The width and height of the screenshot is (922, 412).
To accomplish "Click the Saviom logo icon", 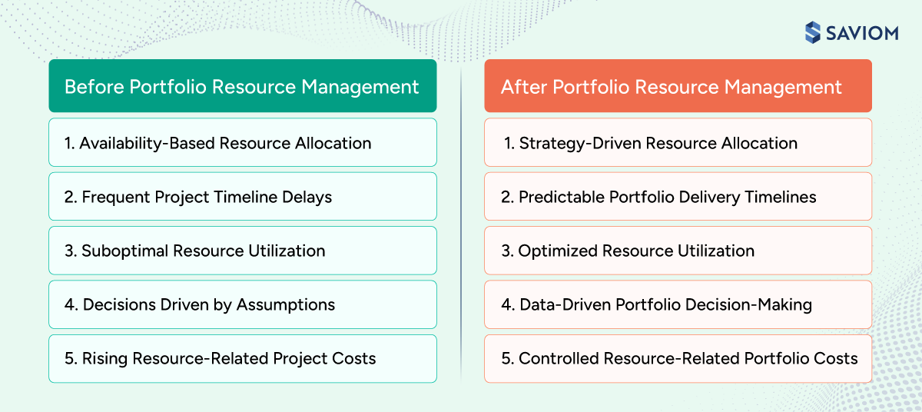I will (813, 32).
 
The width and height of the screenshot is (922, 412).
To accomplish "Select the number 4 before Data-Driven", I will (506, 304).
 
